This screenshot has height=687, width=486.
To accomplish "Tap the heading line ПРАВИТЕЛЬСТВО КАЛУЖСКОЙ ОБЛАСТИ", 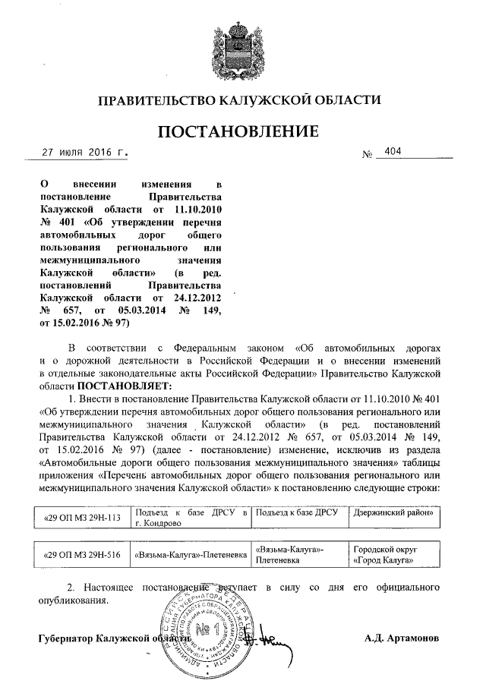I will point(242,99).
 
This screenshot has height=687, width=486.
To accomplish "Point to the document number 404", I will point(393,152).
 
